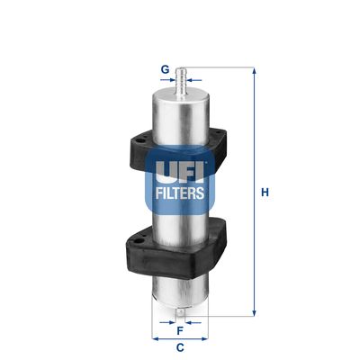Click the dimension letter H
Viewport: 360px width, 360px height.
click(x=264, y=192)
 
